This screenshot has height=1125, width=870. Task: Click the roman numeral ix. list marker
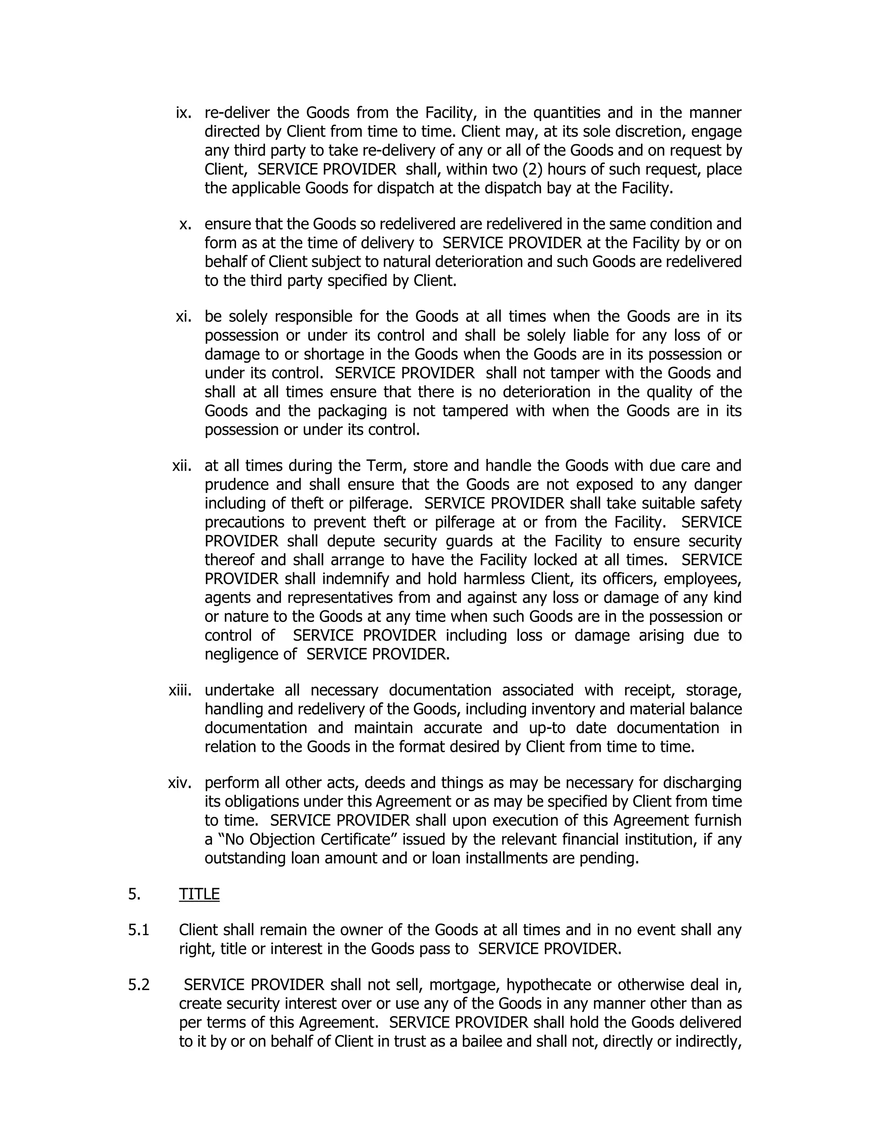pos(184,113)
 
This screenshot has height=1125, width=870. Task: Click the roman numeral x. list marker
pos(186,224)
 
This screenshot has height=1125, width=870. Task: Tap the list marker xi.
pos(184,316)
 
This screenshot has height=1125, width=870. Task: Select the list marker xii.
pos(181,466)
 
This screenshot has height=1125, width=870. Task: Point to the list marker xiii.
pos(180,690)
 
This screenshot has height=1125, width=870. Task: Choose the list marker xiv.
pos(180,783)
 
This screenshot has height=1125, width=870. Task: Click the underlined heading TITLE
pos(199,894)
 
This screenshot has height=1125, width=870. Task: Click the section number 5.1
pos(138,930)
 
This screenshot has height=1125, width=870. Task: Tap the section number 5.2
pos(138,985)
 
